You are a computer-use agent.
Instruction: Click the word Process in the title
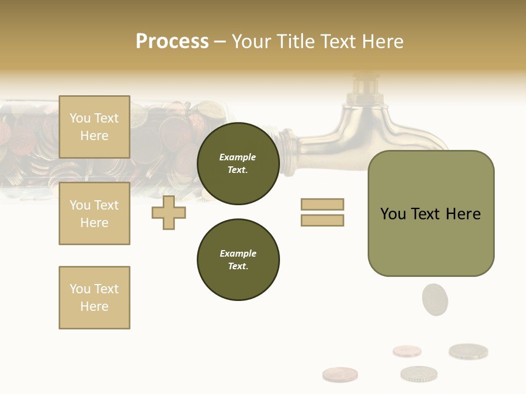(172, 42)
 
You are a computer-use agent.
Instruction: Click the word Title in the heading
(295, 42)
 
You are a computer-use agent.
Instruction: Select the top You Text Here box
(94, 127)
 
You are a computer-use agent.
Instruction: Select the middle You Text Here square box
(94, 213)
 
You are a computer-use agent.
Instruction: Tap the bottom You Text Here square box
(94, 298)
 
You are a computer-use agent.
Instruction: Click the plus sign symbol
(169, 212)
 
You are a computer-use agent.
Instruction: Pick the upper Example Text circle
(238, 164)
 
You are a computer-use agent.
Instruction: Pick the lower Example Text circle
(238, 259)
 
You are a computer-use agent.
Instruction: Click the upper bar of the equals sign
(322, 204)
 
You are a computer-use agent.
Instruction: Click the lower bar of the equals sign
(322, 220)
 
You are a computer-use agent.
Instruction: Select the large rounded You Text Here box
(431, 213)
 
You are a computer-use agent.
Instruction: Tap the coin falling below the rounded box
(435, 299)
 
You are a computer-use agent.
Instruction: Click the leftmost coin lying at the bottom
(340, 374)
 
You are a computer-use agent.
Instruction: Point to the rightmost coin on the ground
(468, 351)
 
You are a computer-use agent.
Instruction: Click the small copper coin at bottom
(407, 351)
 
